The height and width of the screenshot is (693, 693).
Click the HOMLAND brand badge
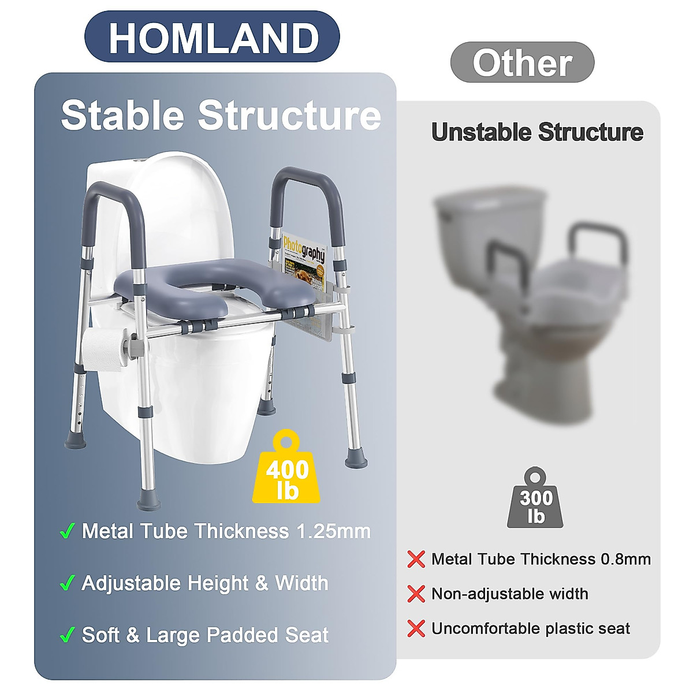[x=212, y=37]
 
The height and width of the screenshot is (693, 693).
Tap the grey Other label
[x=522, y=62]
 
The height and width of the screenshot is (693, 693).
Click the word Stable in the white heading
[x=122, y=115]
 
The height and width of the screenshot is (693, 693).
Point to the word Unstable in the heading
[x=482, y=132]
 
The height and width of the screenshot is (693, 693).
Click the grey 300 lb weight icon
[x=535, y=497]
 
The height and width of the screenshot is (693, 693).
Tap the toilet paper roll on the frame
[x=104, y=349]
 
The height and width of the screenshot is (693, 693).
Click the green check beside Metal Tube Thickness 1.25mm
[x=67, y=531]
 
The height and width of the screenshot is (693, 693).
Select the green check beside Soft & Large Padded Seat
[x=67, y=635]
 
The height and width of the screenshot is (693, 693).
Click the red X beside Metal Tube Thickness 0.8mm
[x=416, y=560]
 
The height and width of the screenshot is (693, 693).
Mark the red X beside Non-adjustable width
[x=416, y=594]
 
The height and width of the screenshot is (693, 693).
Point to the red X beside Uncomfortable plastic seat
[x=416, y=628]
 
